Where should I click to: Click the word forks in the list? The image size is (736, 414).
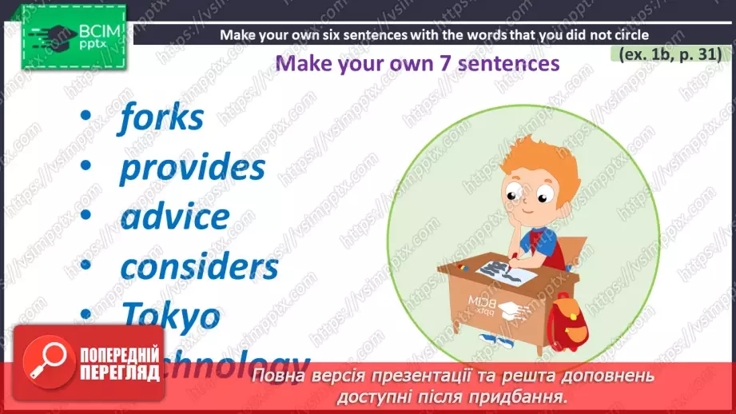point(161,118)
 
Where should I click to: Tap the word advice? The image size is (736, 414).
point(174,217)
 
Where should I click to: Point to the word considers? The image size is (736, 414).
point(199,265)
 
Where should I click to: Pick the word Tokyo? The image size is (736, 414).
point(170,316)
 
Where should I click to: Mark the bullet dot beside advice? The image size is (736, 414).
point(86,217)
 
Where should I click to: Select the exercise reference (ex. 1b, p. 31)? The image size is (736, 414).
point(670,54)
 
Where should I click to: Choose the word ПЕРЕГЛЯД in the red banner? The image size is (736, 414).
point(117,371)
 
